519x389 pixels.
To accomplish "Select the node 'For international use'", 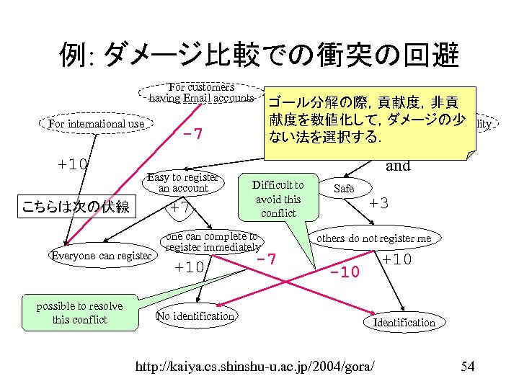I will [x=96, y=124].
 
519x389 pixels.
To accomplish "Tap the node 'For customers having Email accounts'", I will [x=201, y=93].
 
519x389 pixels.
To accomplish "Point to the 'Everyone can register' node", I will [x=101, y=256].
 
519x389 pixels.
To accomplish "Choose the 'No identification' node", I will [x=195, y=316].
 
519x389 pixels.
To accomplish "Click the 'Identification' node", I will [x=404, y=322].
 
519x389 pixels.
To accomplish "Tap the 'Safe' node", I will [x=345, y=188].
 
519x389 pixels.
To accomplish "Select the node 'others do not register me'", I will [x=374, y=238].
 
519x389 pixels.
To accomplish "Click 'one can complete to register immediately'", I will [x=211, y=242].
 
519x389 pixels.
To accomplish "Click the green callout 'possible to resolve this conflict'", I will [x=80, y=312].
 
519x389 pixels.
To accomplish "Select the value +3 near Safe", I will [x=379, y=203].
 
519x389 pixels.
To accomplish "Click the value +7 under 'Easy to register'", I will [x=180, y=207].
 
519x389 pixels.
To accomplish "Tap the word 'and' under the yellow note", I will [x=398, y=165].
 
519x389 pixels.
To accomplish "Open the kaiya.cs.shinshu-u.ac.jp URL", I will [x=255, y=367].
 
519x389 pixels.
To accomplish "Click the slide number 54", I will [x=467, y=367].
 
